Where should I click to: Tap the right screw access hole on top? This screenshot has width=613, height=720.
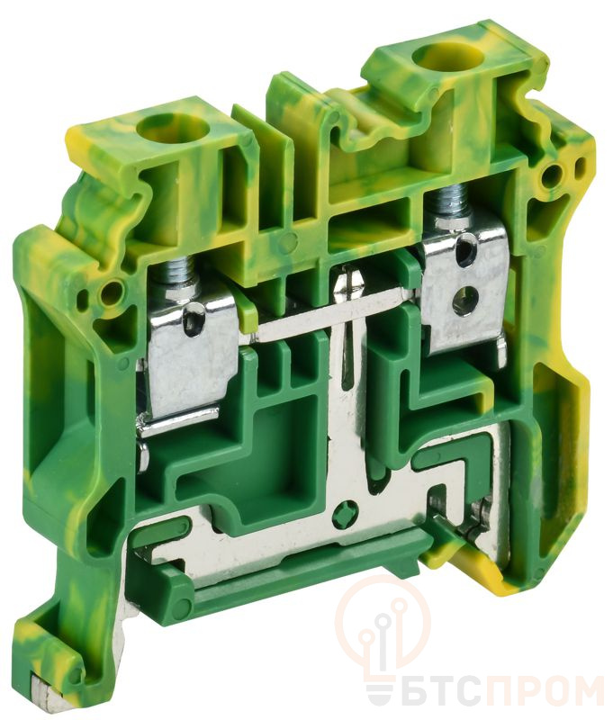435,58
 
